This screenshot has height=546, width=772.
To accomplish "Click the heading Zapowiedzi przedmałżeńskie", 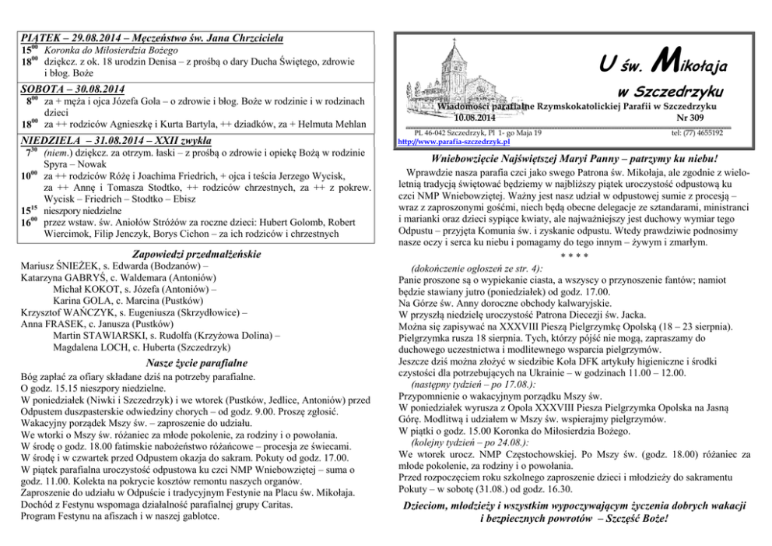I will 197,254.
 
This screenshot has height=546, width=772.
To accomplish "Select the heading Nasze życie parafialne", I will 197,363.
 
